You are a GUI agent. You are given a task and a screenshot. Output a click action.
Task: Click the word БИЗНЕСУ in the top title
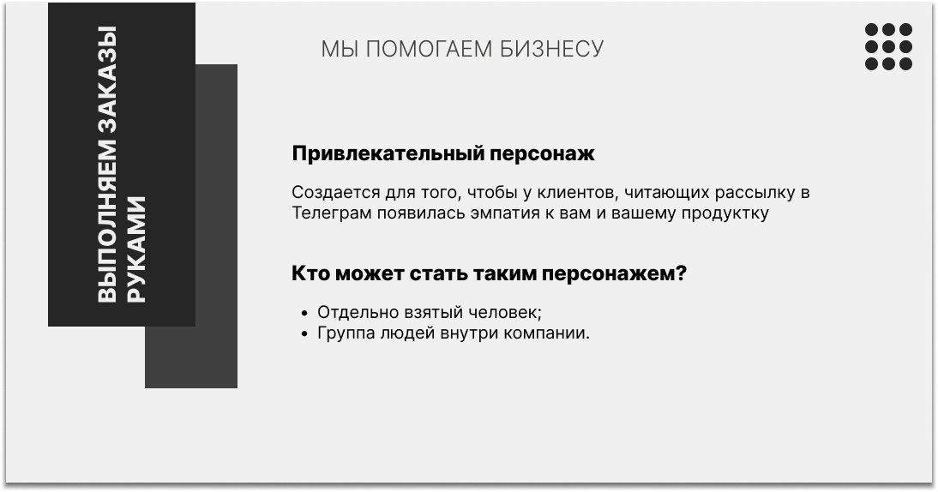(x=551, y=49)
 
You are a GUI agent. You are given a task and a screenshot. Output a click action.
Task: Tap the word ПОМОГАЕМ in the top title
(x=429, y=49)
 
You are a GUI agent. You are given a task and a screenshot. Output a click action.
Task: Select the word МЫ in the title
(x=340, y=49)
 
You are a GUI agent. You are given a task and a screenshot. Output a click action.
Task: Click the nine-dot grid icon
(x=888, y=46)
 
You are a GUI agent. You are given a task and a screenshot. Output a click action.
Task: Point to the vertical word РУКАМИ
(x=136, y=249)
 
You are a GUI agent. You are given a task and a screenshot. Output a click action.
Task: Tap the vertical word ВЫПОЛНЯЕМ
(x=106, y=221)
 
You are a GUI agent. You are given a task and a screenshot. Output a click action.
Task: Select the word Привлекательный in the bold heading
(x=388, y=153)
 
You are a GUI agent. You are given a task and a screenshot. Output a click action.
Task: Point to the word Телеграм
(x=332, y=213)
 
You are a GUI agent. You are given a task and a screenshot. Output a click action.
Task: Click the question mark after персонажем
(x=681, y=273)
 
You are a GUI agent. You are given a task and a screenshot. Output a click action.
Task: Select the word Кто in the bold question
(x=310, y=273)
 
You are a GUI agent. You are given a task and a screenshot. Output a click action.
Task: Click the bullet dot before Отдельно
(x=305, y=313)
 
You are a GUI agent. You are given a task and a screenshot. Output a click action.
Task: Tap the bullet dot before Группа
(x=305, y=333)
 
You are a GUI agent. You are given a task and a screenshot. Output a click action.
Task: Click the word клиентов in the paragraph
(x=577, y=193)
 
